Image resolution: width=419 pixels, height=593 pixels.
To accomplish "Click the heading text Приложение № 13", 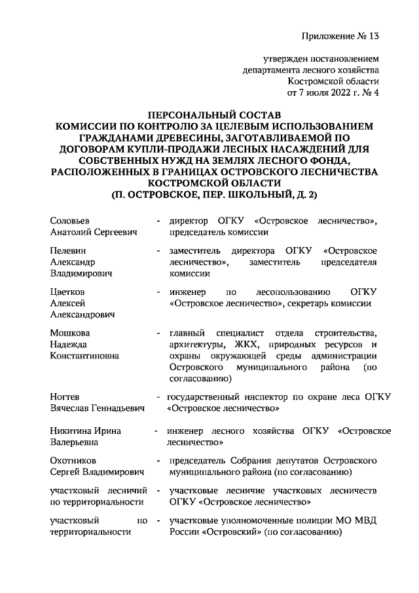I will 340,35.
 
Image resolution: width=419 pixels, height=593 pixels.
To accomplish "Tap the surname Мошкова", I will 70,333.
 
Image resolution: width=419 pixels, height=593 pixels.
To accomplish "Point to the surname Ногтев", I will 65,396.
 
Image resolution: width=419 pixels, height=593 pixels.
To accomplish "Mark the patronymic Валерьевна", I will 76,442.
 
